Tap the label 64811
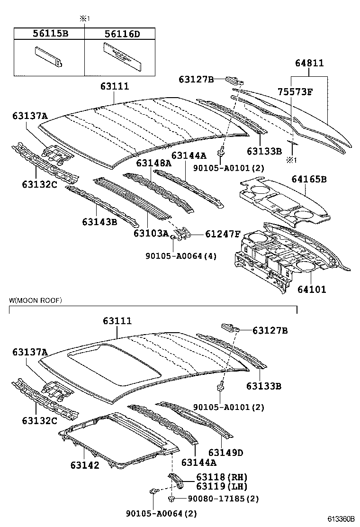pyautogui.click(x=310, y=63)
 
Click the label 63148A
pyautogui.click(x=153, y=163)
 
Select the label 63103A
pyautogui.click(x=151, y=233)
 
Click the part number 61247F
pyautogui.click(x=223, y=234)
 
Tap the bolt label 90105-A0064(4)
pyautogui.click(x=180, y=256)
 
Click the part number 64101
pyautogui.click(x=312, y=289)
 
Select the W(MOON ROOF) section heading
pyautogui.click(x=36, y=300)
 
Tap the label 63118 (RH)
pyautogui.click(x=222, y=477)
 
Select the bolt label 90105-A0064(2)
pyautogui.click(x=162, y=513)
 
